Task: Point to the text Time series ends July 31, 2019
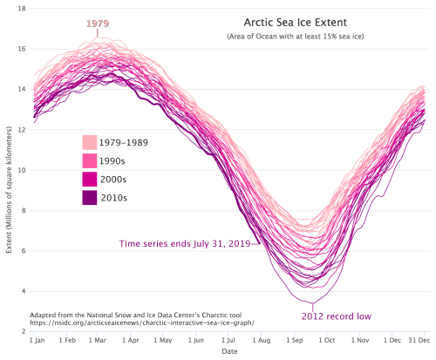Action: pyautogui.click(x=182, y=245)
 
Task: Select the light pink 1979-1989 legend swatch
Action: pyautogui.click(x=90, y=142)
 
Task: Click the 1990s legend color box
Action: pyautogui.click(x=90, y=160)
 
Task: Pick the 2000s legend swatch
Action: pyautogui.click(x=90, y=179)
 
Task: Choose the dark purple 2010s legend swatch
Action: pyautogui.click(x=90, y=198)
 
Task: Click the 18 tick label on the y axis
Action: pyautogui.click(x=20, y=9)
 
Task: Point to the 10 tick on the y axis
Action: pyautogui.click(x=20, y=170)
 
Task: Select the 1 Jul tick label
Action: pyautogui.click(x=232, y=340)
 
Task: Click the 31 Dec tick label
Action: pyautogui.click(x=417, y=340)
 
